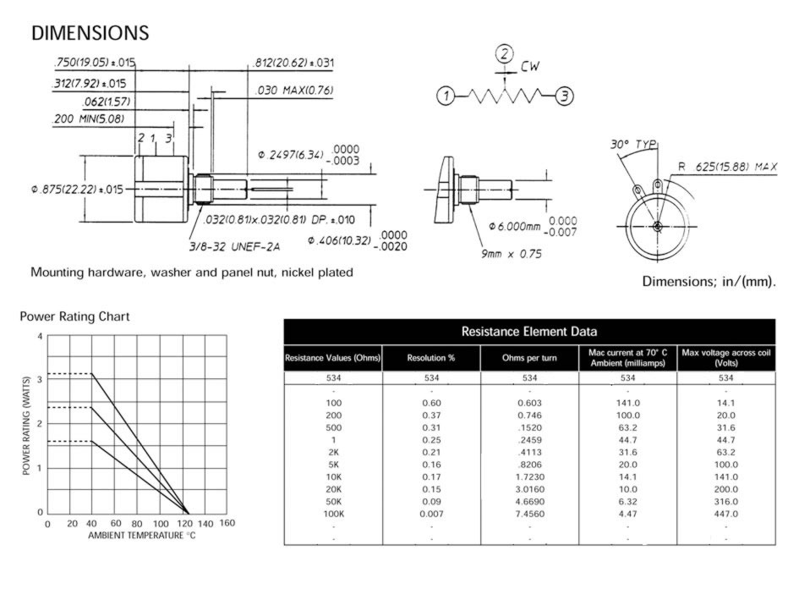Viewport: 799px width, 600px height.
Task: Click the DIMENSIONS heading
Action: [90, 33]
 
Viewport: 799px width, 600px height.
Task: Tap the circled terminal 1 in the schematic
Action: [446, 96]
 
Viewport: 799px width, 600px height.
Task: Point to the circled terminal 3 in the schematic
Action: [566, 95]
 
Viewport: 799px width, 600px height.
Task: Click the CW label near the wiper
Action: [530, 65]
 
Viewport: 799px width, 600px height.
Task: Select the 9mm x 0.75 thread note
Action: [512, 253]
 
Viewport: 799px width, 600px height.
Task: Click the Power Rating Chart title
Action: [74, 317]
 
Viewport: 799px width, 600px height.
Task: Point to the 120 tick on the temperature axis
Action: [186, 524]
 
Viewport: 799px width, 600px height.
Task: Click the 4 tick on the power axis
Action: [40, 336]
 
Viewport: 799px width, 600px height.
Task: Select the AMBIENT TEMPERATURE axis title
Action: [142, 536]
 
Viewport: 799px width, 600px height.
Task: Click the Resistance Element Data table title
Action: [529, 331]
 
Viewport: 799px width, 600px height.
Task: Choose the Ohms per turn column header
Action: [529, 358]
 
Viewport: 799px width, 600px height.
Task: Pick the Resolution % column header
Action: [431, 358]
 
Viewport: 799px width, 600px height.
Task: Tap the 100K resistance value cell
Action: [334, 513]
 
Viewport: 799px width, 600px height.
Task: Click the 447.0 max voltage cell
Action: [725, 513]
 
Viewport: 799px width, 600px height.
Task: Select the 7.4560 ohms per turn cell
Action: [529, 513]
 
